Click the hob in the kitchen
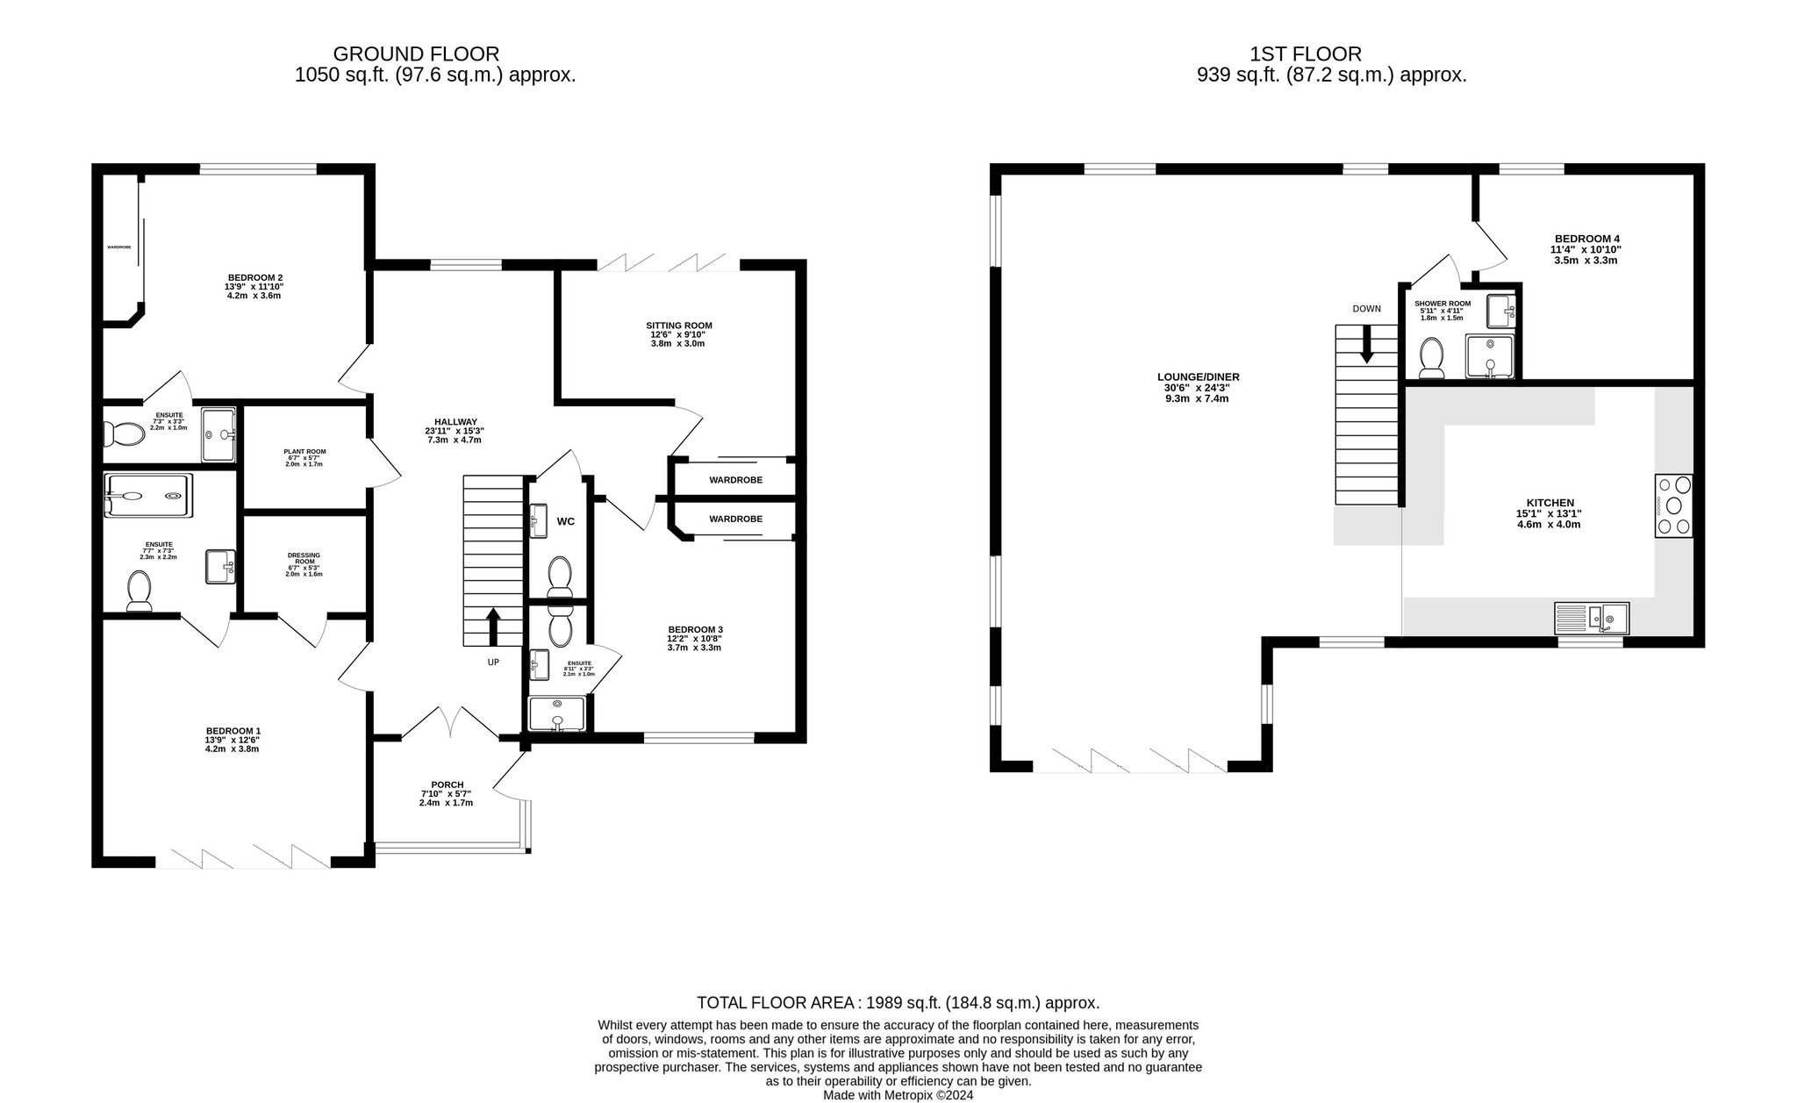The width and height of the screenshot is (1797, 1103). point(1673,505)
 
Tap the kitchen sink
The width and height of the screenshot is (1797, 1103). point(1592,618)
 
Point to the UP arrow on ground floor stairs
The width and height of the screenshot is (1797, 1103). point(493,627)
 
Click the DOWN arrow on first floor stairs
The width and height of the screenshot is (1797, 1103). point(1366,346)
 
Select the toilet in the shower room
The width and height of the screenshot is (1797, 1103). point(1432,359)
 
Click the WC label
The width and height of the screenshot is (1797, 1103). point(566,521)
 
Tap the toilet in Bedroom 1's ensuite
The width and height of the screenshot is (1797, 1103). point(140,591)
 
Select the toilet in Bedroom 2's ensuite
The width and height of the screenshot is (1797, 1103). point(124,433)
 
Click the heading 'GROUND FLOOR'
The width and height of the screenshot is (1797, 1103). point(416,54)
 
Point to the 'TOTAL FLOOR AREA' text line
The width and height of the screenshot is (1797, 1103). point(898,1003)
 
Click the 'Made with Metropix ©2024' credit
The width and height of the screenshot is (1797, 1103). point(898,1095)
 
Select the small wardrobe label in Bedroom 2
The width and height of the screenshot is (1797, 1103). point(119,247)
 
